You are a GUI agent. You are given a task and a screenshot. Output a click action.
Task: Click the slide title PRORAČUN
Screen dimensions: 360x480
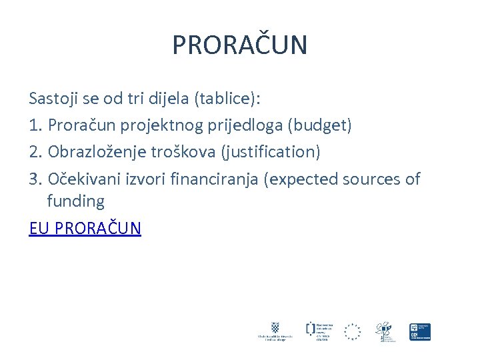(240, 45)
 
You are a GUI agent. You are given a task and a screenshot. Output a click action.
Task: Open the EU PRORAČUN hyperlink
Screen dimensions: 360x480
(85, 229)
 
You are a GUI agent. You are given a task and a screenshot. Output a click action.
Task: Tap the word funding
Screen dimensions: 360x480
(75, 201)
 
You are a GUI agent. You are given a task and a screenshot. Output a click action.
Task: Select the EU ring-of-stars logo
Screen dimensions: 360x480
(352, 331)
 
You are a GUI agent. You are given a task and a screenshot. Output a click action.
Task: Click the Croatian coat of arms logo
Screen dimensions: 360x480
(275, 328)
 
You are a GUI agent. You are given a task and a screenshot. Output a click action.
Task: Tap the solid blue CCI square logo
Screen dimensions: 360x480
(420, 331)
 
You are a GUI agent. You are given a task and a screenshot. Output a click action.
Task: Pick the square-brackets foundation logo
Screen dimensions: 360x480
(311, 328)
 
